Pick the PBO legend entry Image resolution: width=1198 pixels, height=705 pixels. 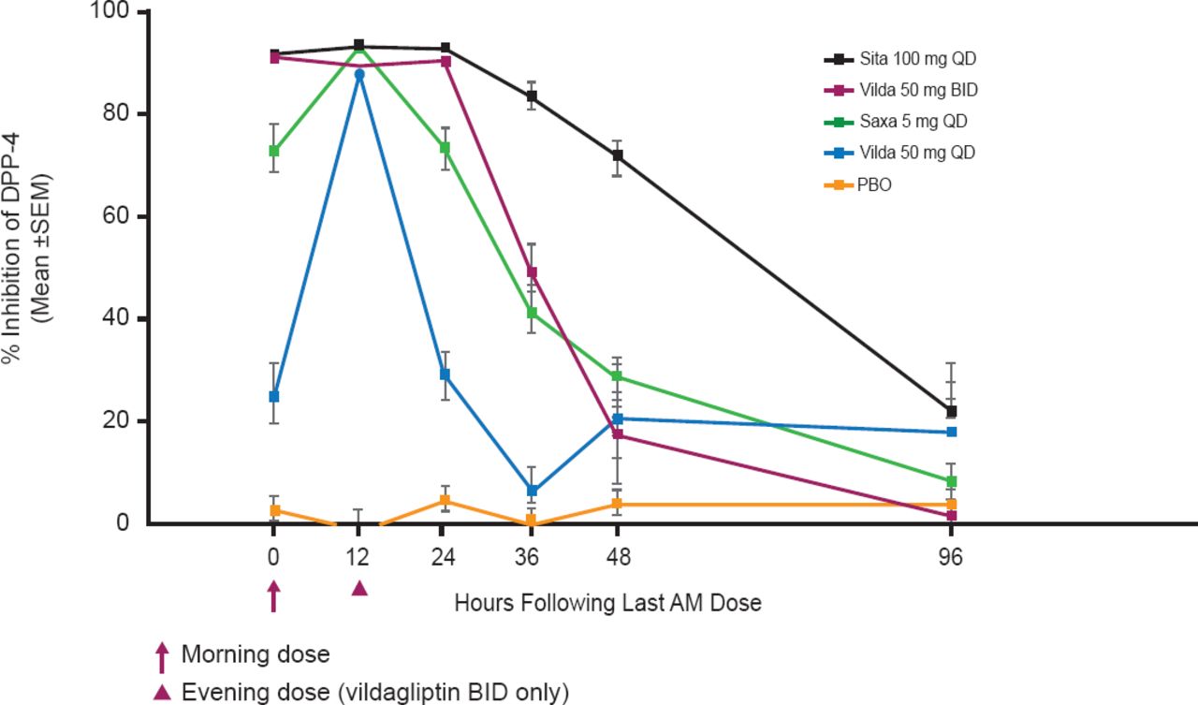tap(875, 184)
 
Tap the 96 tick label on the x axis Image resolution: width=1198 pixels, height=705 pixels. tap(951, 559)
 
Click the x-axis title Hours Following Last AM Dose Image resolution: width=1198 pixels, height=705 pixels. tap(607, 603)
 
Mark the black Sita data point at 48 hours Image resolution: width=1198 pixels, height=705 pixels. tap(617, 155)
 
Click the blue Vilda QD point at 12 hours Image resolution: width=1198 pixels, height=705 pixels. tap(358, 74)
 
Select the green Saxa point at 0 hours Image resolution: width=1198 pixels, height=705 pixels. tap(273, 151)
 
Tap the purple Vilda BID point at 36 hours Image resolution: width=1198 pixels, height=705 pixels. tap(531, 272)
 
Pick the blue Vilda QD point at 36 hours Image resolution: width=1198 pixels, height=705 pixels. tap(531, 491)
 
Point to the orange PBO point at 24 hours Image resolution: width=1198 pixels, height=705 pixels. tap(445, 500)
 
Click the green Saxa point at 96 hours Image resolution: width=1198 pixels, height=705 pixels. tap(951, 481)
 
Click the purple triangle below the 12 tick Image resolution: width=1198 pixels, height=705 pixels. tap(358, 589)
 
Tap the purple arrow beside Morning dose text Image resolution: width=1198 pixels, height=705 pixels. tap(162, 656)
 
